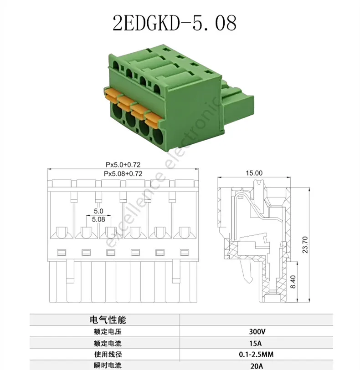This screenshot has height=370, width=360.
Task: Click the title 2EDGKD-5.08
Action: tap(175, 23)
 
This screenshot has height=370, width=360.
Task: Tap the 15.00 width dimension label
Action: tap(254, 173)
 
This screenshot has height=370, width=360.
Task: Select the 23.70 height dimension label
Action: tap(305, 245)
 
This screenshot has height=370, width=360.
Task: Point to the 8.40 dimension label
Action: tap(293, 282)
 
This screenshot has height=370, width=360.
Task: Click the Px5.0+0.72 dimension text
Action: tap(123, 164)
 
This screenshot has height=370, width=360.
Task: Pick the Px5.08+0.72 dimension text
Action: tap(123, 174)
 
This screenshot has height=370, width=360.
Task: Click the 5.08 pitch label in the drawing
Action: tap(98, 219)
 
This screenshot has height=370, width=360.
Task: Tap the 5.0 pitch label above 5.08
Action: tap(98, 211)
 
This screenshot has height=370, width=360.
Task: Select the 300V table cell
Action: tap(257, 331)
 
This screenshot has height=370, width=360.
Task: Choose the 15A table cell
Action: tap(255, 343)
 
